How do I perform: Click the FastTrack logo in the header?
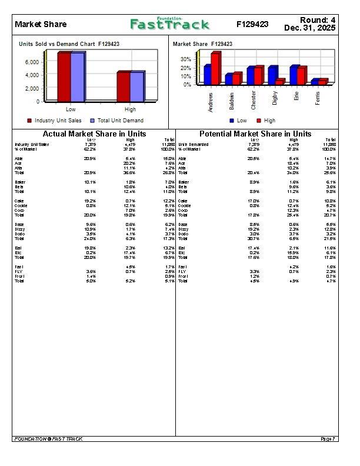click(x=169, y=24)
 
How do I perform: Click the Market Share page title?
click(x=41, y=24)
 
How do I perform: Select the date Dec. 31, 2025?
click(x=309, y=28)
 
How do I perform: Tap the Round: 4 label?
click(x=318, y=20)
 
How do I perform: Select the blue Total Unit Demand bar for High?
click(x=136, y=86)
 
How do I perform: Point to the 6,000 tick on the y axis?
click(x=32, y=62)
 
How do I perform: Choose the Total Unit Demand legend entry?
click(x=116, y=121)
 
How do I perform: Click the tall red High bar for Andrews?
click(x=215, y=68)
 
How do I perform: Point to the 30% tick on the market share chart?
click(x=185, y=59)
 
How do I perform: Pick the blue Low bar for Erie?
click(x=294, y=75)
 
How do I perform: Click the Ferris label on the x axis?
click(x=318, y=98)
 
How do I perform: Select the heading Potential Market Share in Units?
click(x=255, y=134)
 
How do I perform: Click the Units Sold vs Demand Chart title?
click(x=69, y=44)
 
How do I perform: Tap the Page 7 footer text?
click(x=328, y=439)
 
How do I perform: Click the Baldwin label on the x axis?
click(x=232, y=99)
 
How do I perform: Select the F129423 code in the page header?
click(x=252, y=24)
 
